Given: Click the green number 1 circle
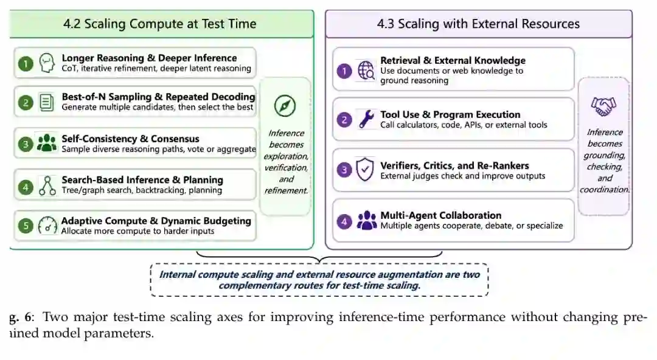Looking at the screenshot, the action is pos(26,64).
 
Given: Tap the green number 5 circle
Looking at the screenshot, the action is pos(26,226).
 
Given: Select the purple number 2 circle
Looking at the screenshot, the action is pos(344,120).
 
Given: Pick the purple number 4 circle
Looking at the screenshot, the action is pos(344,221).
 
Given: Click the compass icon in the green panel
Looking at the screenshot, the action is pos(285,106).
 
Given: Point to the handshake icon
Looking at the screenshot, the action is pos(603,106).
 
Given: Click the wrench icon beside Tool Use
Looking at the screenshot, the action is pos(367,119).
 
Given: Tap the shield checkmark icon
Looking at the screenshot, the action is pos(365,169).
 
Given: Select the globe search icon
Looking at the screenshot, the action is pos(366,70).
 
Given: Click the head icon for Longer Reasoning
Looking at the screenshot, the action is pos(47,63).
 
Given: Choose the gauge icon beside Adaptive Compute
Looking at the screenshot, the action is pos(47,226).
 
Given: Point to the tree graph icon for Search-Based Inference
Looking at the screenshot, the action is pos(47,185).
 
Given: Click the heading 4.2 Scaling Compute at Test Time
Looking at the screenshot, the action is pos(159,24).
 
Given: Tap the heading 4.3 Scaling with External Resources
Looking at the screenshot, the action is pos(478,24).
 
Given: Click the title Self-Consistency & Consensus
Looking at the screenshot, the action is pos(130,139).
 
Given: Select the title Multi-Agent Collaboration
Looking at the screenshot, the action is pos(441,215).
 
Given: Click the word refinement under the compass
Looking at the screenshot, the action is pos(286,191).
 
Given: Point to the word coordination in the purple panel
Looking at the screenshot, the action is pos(605,190).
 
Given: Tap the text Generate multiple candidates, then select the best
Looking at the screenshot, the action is pos(157,107).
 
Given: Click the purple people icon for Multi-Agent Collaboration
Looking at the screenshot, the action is pos(367,221).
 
